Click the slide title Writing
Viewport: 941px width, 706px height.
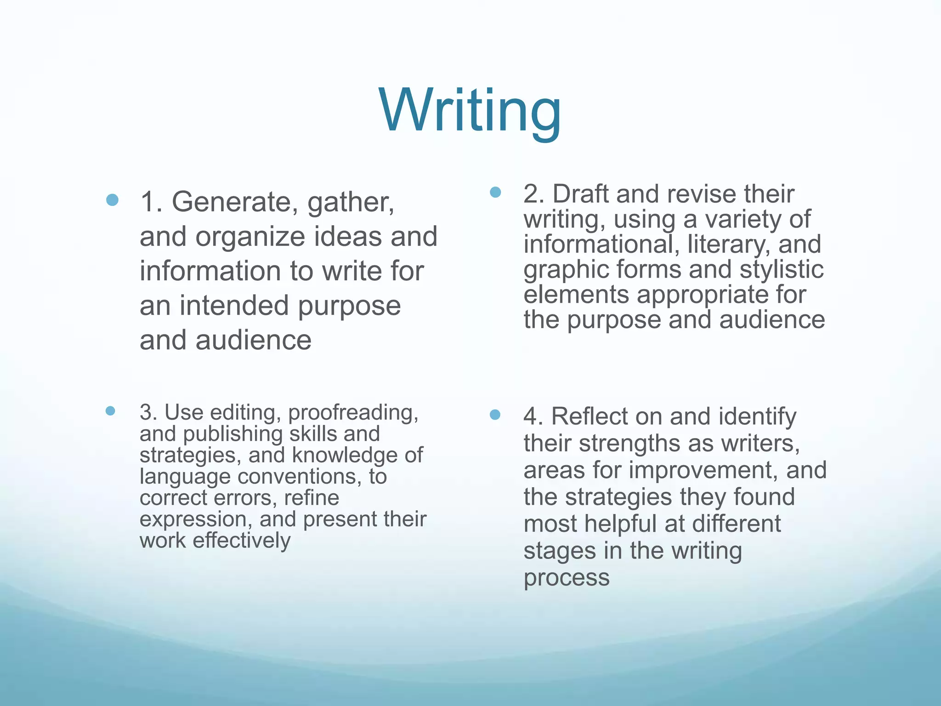point(470,112)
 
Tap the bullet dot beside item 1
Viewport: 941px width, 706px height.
point(112,200)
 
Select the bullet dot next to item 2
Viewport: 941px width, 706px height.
point(495,192)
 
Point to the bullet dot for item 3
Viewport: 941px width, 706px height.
point(110,410)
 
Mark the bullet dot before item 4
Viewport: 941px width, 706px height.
point(495,415)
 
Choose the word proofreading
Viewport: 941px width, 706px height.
point(353,413)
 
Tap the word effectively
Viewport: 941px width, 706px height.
point(242,541)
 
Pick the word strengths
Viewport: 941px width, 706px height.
point(646,444)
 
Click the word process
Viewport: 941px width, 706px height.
point(566,578)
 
